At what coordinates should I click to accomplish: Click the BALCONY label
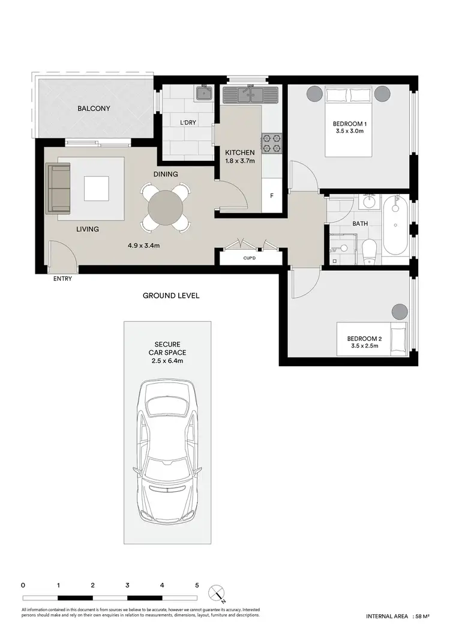93,109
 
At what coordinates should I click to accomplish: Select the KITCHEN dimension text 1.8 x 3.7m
239,161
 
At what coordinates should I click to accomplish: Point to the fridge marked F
272,196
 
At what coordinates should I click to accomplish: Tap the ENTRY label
62,279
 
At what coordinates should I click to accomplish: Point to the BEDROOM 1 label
350,124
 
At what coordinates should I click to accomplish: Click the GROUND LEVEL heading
171,295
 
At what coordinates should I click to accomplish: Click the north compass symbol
216,593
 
